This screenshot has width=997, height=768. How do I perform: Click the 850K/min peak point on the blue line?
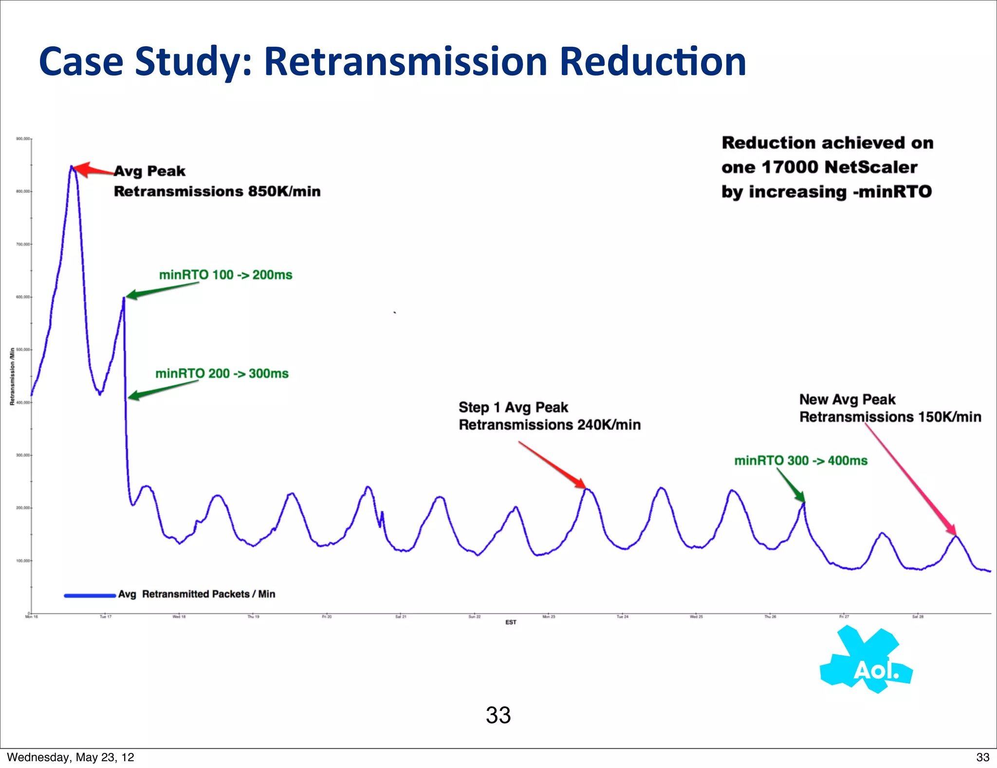click(72, 167)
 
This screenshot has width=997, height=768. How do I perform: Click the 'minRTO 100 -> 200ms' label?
click(225, 275)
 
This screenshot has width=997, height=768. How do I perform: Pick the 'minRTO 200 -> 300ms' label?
click(222, 374)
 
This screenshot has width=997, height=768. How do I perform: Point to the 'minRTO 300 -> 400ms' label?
click(800, 461)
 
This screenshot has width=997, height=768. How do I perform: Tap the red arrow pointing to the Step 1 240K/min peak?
click(553, 464)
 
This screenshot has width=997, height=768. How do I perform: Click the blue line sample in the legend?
click(90, 595)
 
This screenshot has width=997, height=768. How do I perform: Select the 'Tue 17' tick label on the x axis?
click(106, 617)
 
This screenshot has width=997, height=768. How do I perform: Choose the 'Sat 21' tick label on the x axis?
click(401, 617)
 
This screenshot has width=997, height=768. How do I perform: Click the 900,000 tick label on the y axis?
click(23, 139)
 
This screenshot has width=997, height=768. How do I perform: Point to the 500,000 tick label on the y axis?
click(23, 350)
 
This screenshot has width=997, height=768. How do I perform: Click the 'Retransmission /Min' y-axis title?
click(12, 376)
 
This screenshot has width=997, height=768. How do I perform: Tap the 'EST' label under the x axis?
click(511, 622)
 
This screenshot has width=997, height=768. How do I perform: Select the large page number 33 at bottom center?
click(498, 715)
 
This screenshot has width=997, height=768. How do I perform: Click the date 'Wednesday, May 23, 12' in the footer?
click(71, 757)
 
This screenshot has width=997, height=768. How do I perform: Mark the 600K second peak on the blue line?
click(124, 298)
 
